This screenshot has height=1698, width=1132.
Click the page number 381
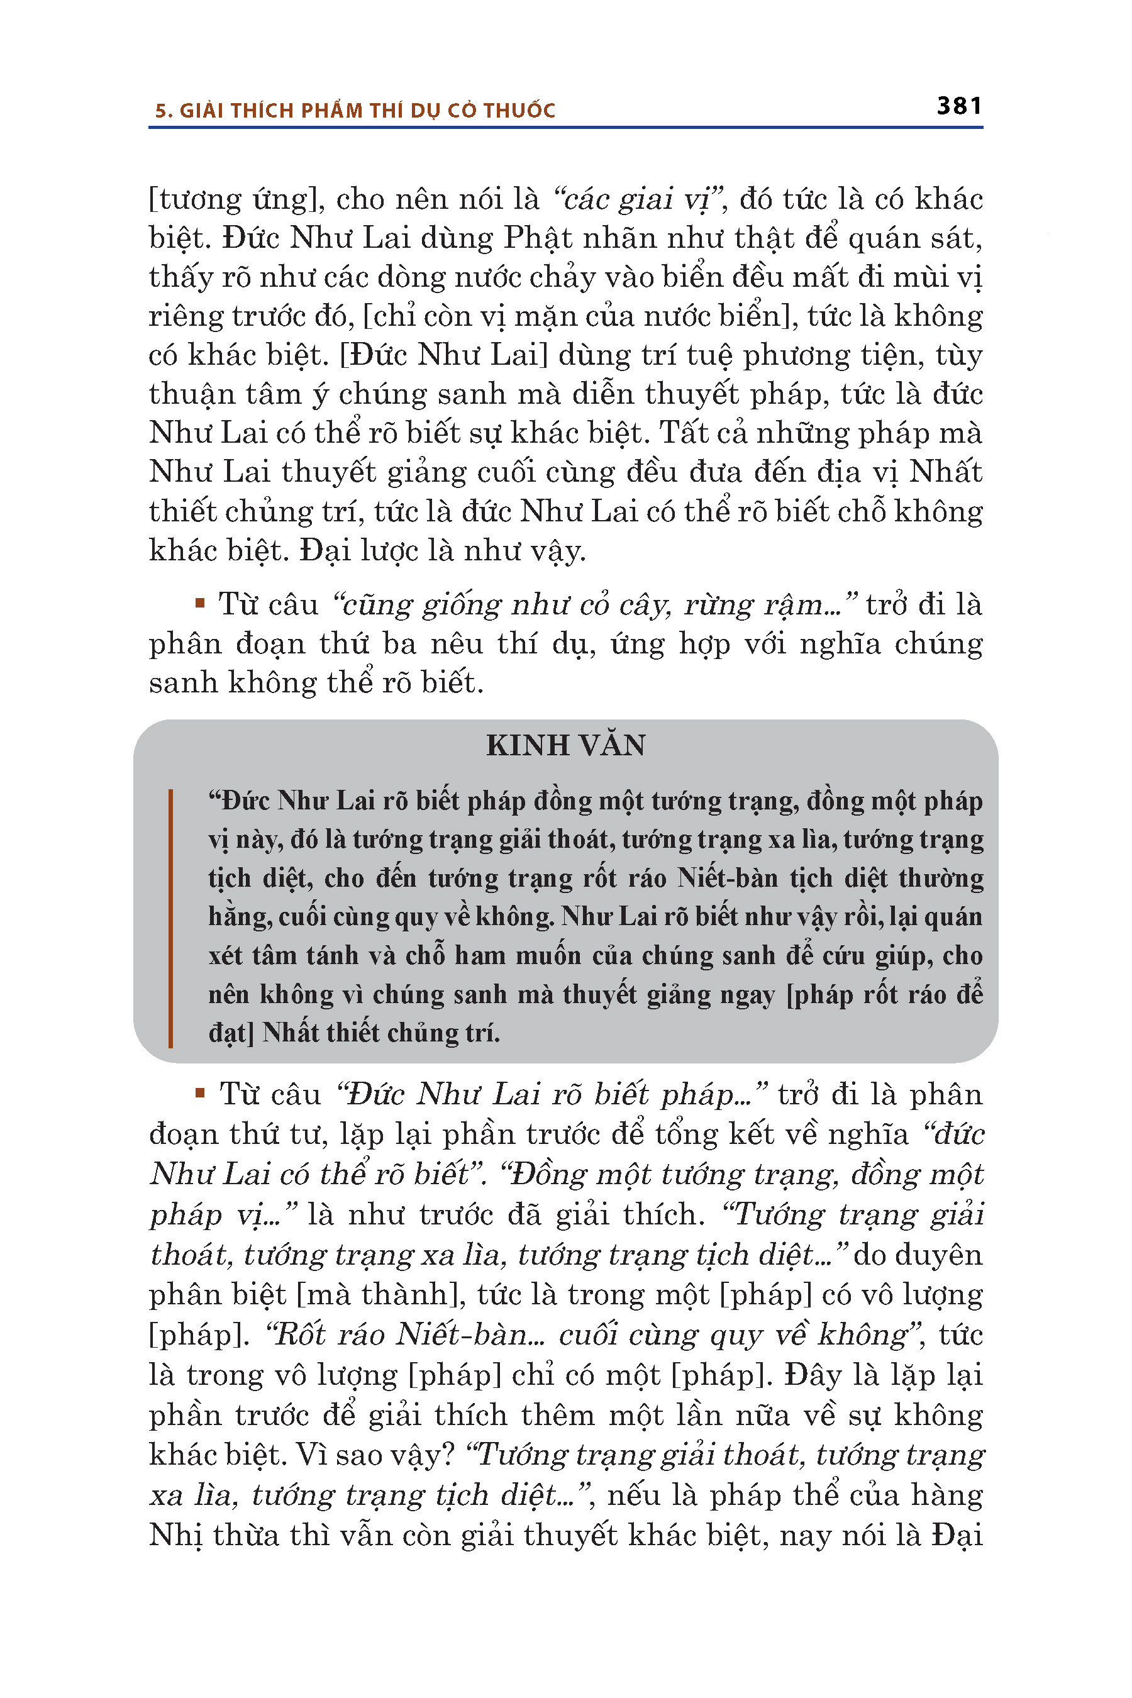tap(958, 106)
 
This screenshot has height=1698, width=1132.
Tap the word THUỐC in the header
tap(520, 111)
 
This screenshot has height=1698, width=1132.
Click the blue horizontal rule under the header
tap(565, 128)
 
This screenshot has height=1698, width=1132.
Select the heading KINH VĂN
tap(565, 745)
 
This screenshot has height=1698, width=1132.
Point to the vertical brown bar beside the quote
tap(170, 918)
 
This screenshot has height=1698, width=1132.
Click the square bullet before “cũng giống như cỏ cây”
tap(200, 601)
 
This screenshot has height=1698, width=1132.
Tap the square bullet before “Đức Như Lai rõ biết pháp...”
tap(200, 1092)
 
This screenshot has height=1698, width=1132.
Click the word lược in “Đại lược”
tap(384, 550)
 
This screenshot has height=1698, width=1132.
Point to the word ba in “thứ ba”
tap(399, 643)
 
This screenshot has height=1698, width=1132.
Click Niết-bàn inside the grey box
tap(728, 878)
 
